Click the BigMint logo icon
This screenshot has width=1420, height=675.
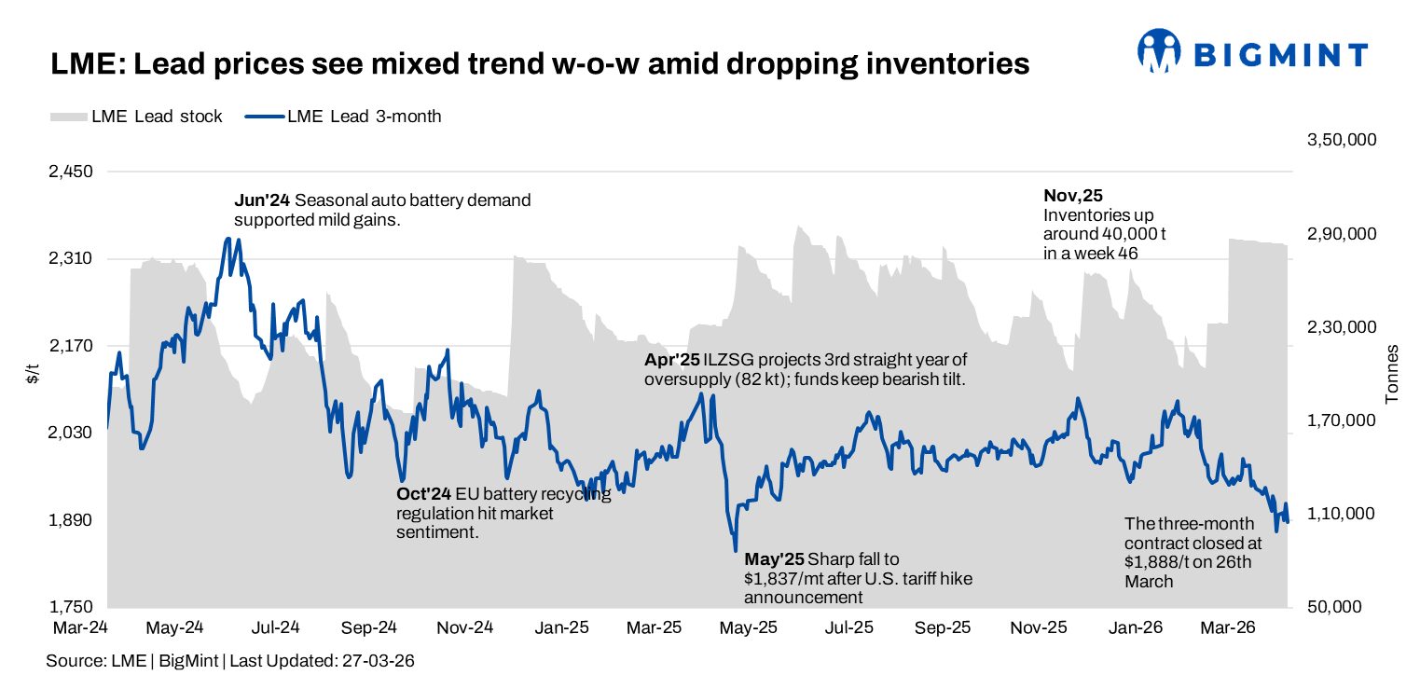coord(1160,51)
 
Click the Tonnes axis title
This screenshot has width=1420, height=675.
coord(1392,374)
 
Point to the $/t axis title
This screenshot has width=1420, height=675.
coord(32,374)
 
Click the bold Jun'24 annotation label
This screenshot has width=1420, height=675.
coord(261,200)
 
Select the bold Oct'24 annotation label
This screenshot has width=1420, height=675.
coord(423,494)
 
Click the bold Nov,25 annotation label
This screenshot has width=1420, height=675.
coord(1072,196)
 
